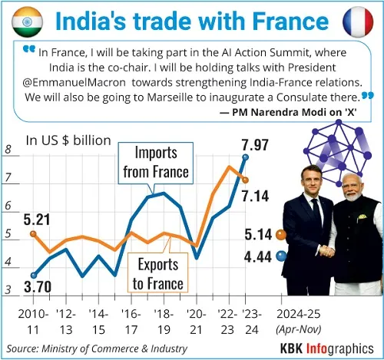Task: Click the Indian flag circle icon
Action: [27, 21]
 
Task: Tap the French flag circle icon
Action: [358, 21]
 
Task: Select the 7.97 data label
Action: [255, 145]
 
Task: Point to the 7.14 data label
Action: [255, 197]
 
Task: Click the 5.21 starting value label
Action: [37, 220]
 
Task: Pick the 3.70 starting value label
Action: [38, 286]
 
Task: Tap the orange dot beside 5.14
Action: [281, 235]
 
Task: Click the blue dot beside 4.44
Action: [281, 256]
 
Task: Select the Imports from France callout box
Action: [156, 163]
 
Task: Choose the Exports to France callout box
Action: [157, 272]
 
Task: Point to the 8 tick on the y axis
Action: [8, 149]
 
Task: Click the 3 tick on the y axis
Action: [8, 290]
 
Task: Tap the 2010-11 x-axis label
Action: [33, 322]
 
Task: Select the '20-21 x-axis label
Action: [197, 322]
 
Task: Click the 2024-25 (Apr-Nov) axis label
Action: [299, 322]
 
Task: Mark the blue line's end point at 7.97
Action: [245, 157]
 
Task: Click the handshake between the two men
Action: [326, 251]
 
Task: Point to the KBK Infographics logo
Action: [327, 348]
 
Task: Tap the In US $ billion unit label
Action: [68, 140]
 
